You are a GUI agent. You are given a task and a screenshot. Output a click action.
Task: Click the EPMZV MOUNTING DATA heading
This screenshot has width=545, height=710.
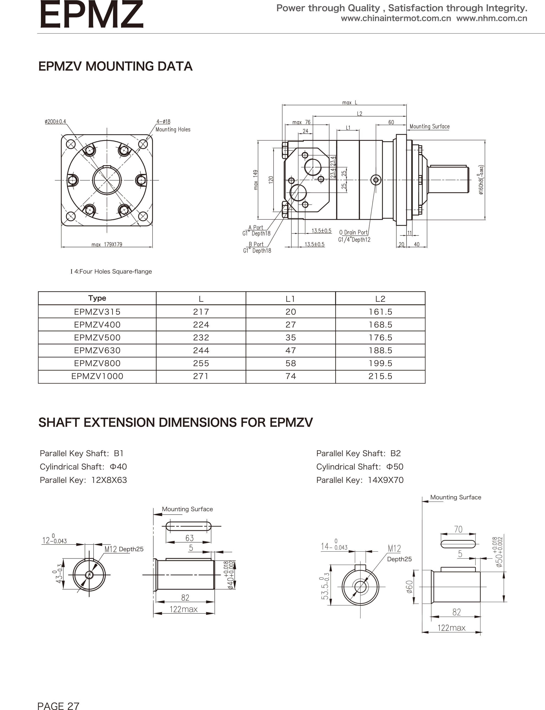click(x=115, y=66)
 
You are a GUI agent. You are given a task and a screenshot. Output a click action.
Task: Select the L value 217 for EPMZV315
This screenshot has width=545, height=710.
click(x=201, y=312)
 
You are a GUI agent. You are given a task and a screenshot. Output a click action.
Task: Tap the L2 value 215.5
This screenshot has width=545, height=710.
click(x=380, y=376)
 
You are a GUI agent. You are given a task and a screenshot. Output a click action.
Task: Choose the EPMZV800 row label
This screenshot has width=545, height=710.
click(x=97, y=363)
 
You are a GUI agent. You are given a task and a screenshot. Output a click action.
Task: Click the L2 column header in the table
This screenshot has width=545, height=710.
click(x=380, y=299)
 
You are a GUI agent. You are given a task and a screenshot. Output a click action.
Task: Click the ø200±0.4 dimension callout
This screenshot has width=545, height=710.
click(x=55, y=121)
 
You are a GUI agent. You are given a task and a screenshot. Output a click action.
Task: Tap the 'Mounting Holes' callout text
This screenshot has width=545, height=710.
click(x=173, y=129)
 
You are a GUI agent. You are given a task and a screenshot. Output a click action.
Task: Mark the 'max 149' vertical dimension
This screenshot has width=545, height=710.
click(x=256, y=180)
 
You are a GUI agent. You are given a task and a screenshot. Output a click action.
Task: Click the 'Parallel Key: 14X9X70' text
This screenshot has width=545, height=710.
click(x=360, y=480)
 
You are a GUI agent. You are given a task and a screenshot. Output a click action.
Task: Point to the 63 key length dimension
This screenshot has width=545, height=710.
click(x=190, y=538)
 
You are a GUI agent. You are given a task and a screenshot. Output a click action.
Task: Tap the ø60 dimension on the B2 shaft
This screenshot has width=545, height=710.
click(x=409, y=587)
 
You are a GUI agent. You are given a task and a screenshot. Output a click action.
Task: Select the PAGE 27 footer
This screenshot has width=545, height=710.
click(x=58, y=697)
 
